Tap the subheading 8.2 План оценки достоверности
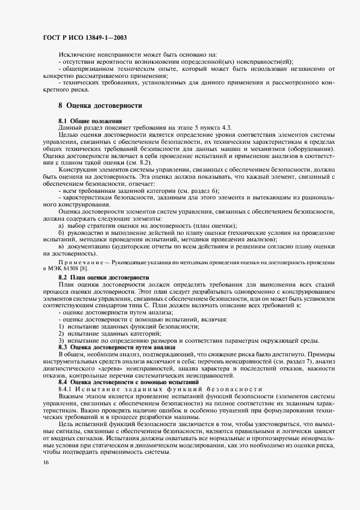103,277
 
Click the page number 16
46,462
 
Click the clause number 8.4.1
66,389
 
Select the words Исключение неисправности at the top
93,54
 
